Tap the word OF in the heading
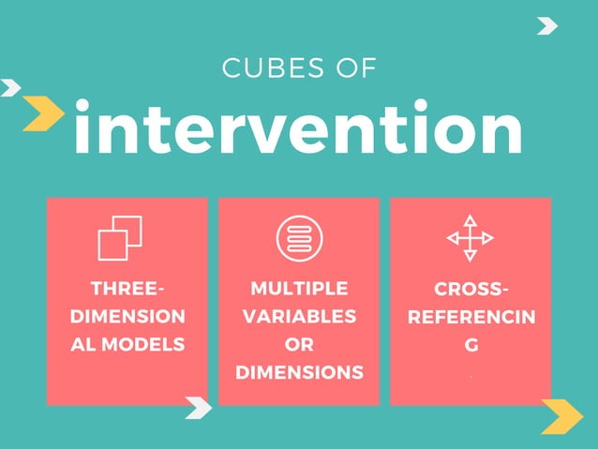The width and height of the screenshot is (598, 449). click(356, 68)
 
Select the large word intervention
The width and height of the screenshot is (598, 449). click(298, 128)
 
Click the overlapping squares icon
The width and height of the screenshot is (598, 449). click(120, 237)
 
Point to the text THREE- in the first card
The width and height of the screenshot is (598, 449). click(127, 288)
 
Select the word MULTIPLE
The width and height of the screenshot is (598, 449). click(299, 288)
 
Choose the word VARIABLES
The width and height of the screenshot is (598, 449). click(299, 316)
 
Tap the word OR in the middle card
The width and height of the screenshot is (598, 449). click(299, 344)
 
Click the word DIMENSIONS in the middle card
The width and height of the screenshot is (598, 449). click(299, 372)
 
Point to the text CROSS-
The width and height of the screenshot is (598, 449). click(471, 288)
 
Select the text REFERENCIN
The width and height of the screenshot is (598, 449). click(471, 316)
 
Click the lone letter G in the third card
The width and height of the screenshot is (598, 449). click(471, 344)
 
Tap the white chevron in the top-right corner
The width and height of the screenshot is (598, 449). click(547, 26)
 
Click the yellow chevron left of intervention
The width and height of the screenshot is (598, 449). click(43, 113)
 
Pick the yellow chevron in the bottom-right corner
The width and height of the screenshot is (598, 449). click(562, 416)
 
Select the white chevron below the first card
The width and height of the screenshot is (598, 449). click(199, 407)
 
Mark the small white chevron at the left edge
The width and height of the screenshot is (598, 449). click(10, 88)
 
